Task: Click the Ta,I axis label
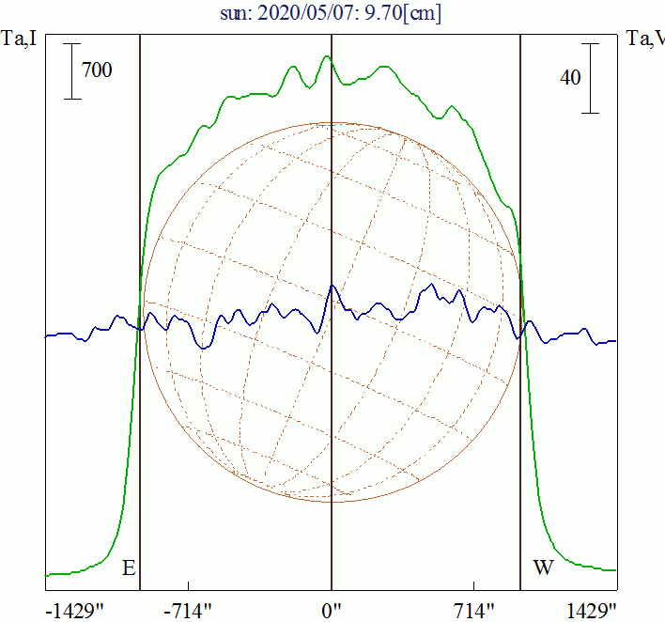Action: [x=20, y=39]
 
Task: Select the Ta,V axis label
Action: [x=645, y=39]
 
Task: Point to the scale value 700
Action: [x=97, y=70]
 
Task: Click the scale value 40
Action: [x=570, y=78]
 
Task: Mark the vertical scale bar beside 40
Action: [x=590, y=78]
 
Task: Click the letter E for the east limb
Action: [x=129, y=568]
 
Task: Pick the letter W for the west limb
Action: [x=543, y=568]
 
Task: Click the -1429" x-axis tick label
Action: [x=75, y=611]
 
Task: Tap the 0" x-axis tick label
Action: [x=332, y=611]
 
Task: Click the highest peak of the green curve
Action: [x=327, y=56]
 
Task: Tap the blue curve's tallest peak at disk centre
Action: [x=331, y=286]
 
